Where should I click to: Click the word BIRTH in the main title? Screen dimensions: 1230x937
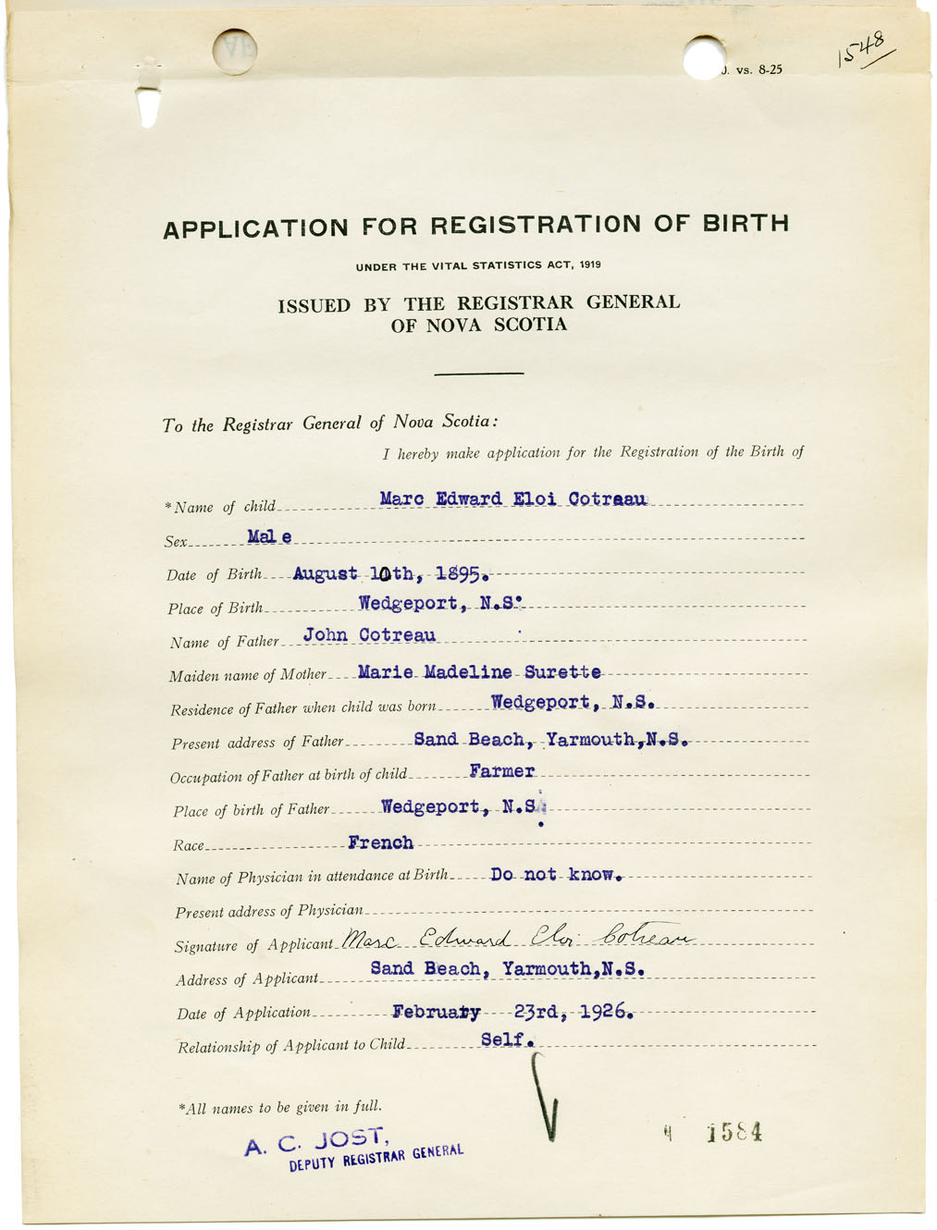tap(746, 224)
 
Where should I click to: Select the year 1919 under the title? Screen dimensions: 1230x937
tap(591, 264)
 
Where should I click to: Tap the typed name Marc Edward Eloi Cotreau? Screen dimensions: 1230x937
tap(513, 499)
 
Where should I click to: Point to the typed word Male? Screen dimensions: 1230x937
tap(269, 536)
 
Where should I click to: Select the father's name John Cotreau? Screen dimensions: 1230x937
tap(369, 635)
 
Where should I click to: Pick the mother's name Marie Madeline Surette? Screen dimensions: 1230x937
tap(479, 672)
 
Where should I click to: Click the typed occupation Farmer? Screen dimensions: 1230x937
tap(501, 771)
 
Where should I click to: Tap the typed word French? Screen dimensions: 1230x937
tap(380, 843)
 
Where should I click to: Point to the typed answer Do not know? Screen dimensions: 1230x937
tap(556, 874)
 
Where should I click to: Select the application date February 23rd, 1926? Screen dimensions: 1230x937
tap(512, 1012)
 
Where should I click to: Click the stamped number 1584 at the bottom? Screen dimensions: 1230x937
tap(734, 1133)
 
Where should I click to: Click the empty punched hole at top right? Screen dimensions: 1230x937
tap(705, 57)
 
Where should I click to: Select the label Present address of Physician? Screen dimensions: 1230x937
tap(269, 911)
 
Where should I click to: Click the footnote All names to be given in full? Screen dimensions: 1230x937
tap(279, 1107)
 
